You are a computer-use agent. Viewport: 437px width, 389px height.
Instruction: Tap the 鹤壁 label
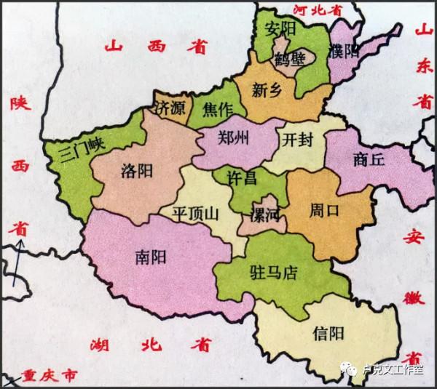(x=289, y=60)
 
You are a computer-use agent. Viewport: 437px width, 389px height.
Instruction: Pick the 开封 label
(x=298, y=139)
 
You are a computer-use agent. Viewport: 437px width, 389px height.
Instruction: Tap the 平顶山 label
(x=193, y=214)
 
